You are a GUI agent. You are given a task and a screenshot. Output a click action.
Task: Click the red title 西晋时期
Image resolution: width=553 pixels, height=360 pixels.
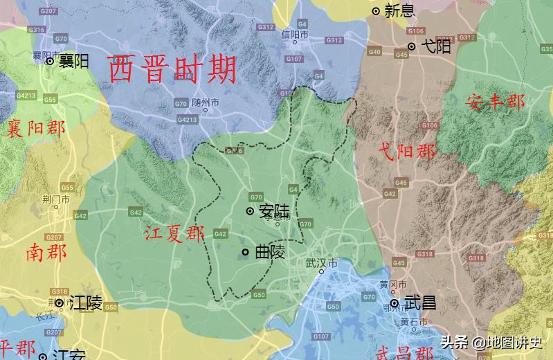point(173,69)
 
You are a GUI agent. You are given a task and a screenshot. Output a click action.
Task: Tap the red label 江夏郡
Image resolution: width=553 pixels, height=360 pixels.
point(175,234)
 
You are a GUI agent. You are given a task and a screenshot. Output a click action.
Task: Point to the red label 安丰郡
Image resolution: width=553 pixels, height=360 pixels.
point(495,102)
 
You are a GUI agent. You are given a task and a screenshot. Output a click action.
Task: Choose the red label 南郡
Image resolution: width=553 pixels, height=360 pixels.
point(46,253)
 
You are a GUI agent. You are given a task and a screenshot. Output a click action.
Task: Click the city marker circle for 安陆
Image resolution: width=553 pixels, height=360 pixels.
point(250,210)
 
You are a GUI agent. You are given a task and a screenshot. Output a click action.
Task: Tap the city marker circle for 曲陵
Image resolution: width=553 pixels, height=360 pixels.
point(246,252)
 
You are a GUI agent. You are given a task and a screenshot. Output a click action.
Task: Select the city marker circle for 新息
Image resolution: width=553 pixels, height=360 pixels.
point(376,10)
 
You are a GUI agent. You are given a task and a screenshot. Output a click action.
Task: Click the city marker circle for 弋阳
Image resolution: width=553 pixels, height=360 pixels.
point(412,46)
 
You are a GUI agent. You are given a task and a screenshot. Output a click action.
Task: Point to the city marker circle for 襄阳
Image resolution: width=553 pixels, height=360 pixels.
point(50,61)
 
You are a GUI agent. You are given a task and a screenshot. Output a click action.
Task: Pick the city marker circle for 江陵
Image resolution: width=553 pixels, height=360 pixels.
point(60,303)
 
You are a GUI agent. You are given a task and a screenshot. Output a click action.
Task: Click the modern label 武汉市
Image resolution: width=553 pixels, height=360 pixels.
point(321,264)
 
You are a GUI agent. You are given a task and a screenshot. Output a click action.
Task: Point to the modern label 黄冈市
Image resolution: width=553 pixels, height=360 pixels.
point(392,285)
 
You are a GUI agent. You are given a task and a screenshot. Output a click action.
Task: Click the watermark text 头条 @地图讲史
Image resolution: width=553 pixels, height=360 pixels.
point(491,341)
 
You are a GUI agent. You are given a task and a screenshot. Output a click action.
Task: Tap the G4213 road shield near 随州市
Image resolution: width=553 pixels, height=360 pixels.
point(188,120)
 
